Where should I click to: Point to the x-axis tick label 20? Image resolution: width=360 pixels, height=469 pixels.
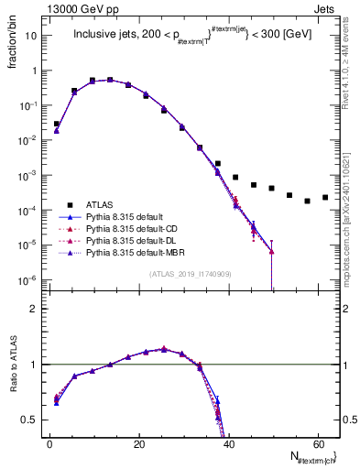pyautogui.click(x=138, y=444)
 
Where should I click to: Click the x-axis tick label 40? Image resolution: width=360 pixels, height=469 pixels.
pyautogui.click(x=228, y=444)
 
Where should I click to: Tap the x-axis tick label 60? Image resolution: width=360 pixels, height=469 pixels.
pyautogui.click(x=317, y=444)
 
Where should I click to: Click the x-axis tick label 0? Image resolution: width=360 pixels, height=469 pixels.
pyautogui.click(x=49, y=444)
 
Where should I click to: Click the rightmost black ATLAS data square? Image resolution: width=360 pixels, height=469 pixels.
pyautogui.click(x=325, y=197)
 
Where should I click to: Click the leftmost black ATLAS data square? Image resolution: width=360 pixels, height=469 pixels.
pyautogui.click(x=57, y=124)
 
